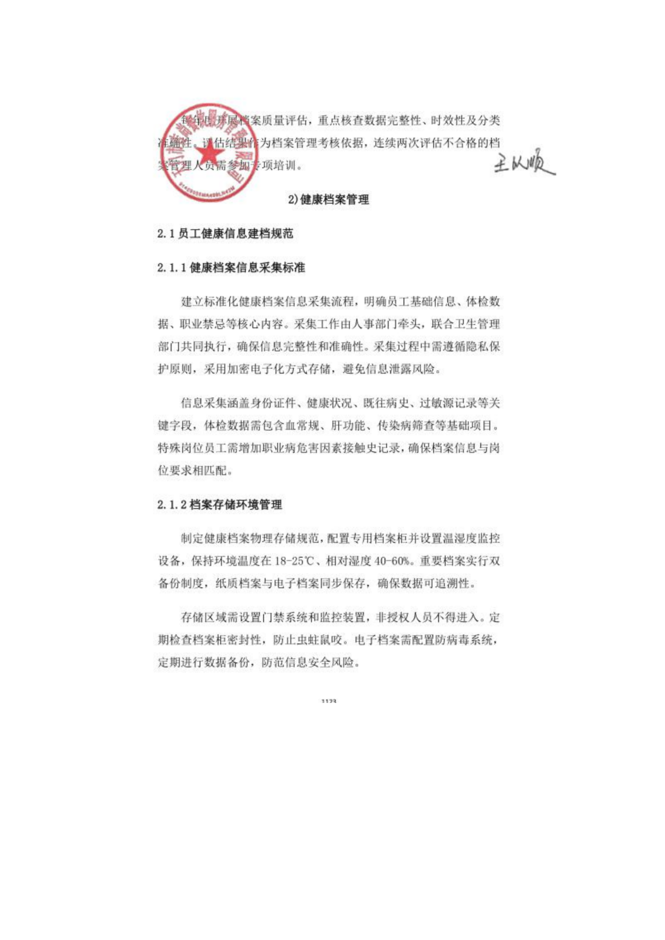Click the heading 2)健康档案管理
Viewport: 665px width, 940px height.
tap(328, 199)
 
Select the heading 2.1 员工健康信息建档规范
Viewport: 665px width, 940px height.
tap(225, 234)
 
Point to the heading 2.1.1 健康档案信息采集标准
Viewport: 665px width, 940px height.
tap(231, 268)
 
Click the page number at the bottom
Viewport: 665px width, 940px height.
tap(329, 700)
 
